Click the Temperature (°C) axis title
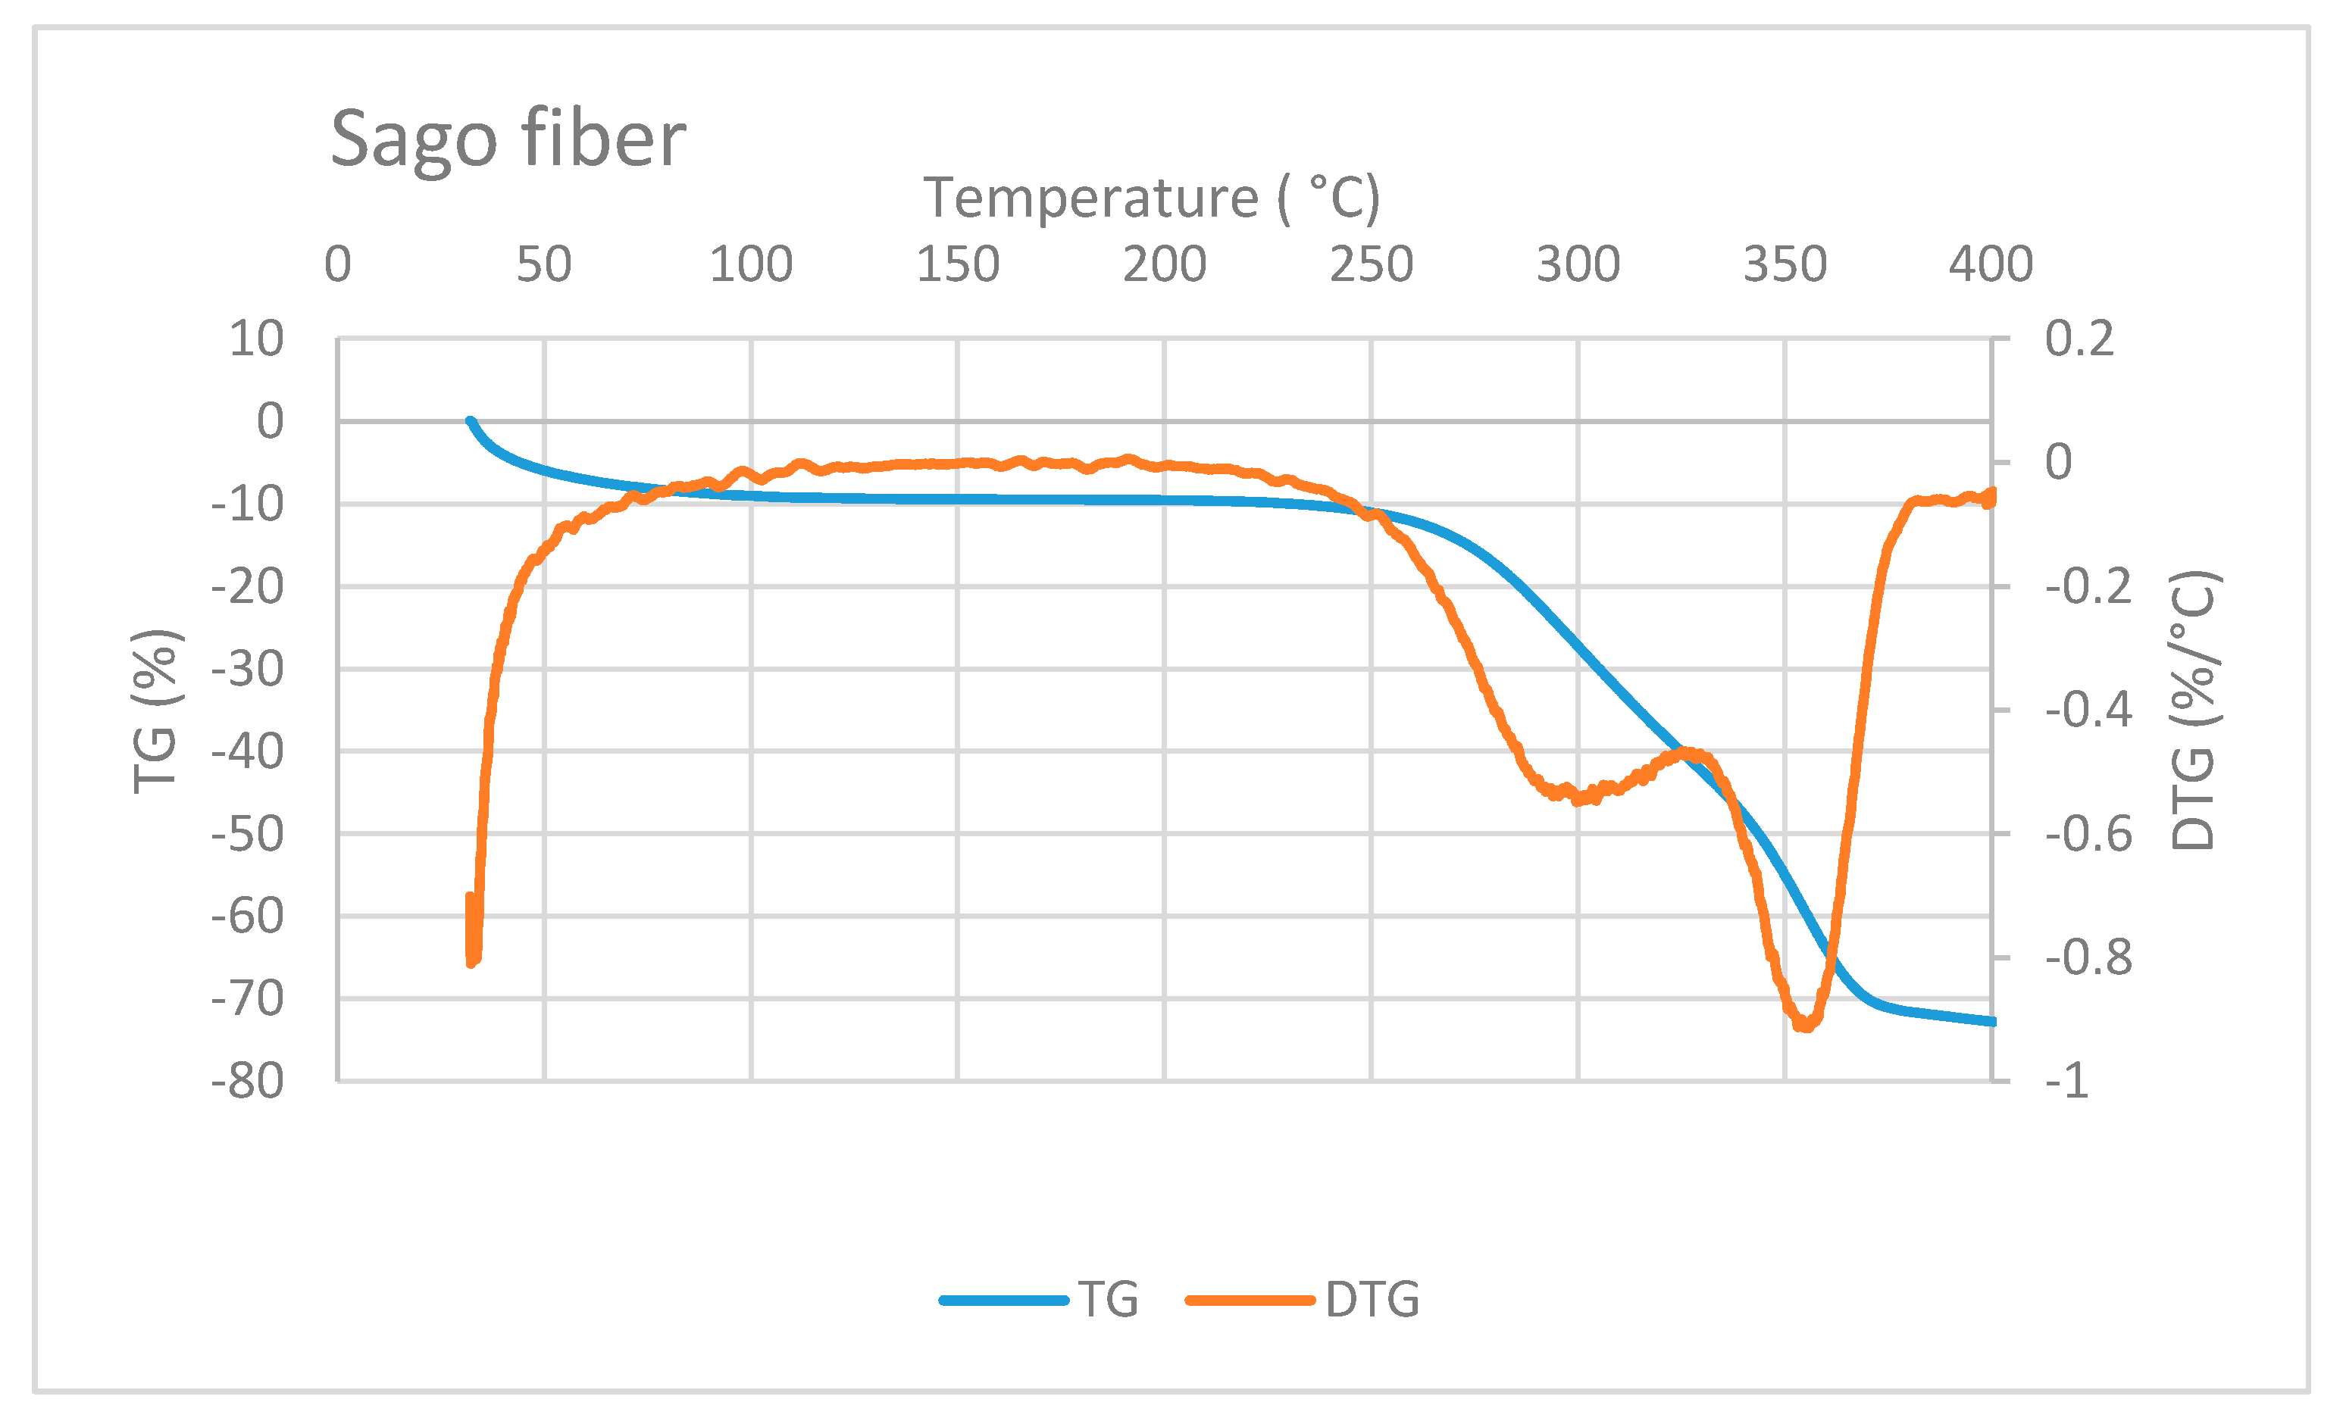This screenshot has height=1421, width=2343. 1150,198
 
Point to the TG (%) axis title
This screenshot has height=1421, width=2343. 155,711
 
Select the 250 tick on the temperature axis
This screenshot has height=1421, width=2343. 1370,264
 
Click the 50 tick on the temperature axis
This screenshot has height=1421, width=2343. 544,264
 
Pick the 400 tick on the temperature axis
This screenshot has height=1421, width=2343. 1990,264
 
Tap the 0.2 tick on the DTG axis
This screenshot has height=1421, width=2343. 2079,339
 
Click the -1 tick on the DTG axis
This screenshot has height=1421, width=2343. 2067,1082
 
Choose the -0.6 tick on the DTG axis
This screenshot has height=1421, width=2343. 2088,835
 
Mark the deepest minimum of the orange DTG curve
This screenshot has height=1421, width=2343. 1803,1026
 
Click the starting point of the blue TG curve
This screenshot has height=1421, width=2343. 470,421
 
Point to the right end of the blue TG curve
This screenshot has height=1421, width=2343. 1992,1022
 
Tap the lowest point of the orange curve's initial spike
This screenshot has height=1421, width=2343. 471,963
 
